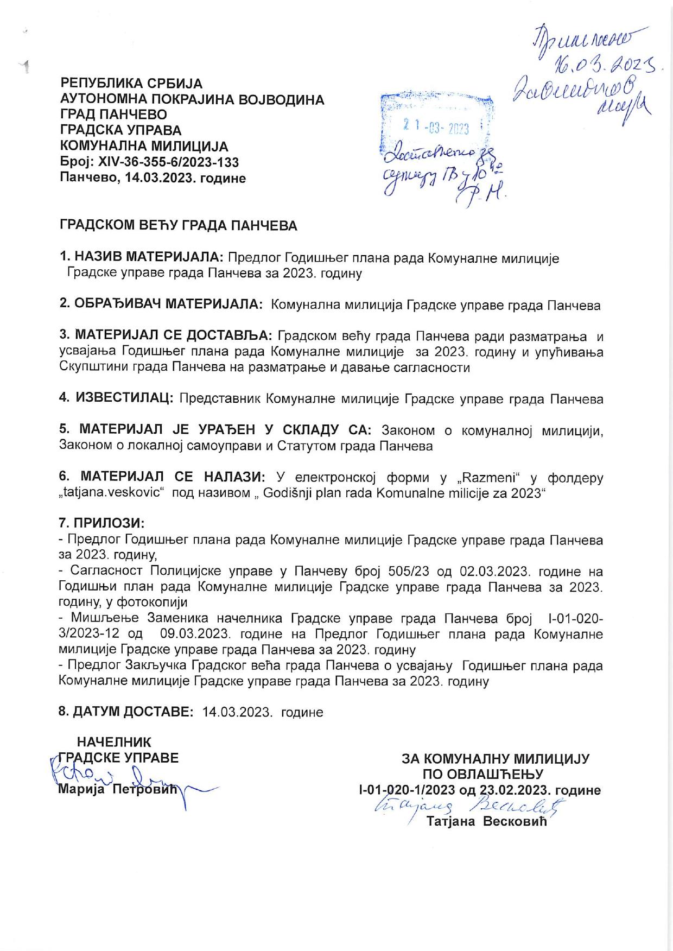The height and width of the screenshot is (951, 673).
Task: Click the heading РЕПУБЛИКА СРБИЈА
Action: pos(131,84)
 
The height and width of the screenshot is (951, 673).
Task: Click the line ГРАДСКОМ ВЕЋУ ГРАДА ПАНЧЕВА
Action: pos(178,226)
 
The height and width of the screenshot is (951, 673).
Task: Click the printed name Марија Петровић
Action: pos(118,790)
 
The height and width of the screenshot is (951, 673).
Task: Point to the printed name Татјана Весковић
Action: pos(487,821)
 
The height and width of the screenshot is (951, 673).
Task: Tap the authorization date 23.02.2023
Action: pos(514,790)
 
